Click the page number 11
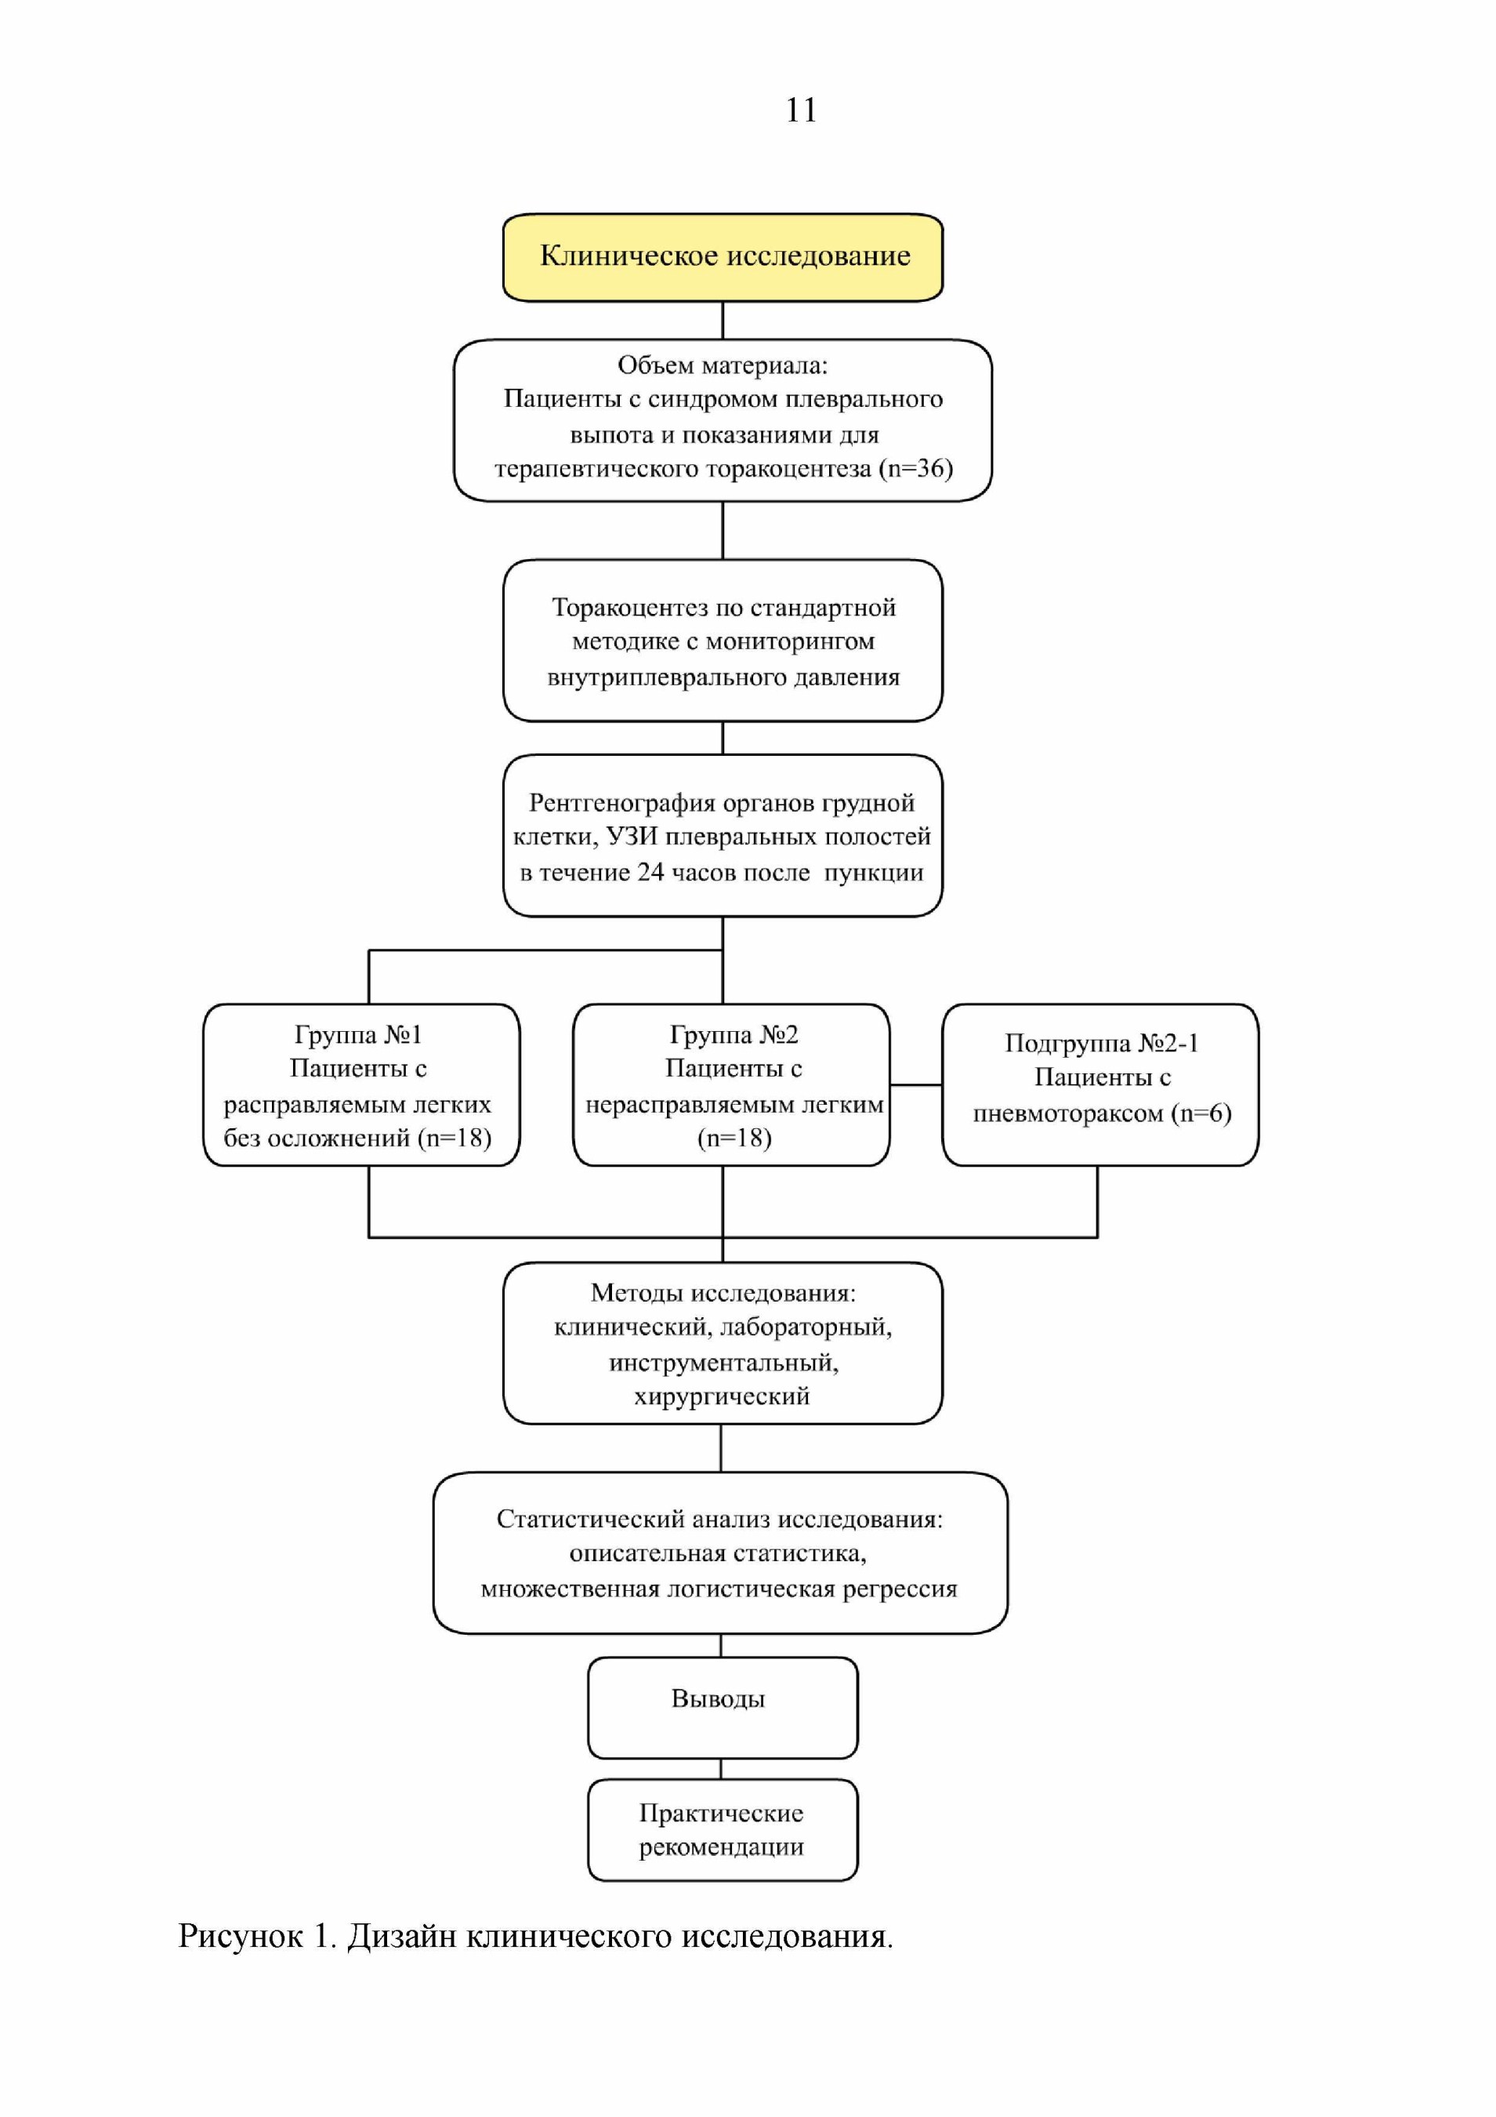tap(801, 110)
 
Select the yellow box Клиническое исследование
tap(723, 257)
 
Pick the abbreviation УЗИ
tap(632, 837)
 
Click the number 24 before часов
tap(650, 872)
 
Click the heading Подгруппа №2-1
tap(1102, 1043)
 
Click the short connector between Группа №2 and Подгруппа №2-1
tap(916, 1085)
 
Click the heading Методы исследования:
tap(723, 1293)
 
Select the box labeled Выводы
tap(723, 1708)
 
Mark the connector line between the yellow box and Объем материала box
tap(723, 321)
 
